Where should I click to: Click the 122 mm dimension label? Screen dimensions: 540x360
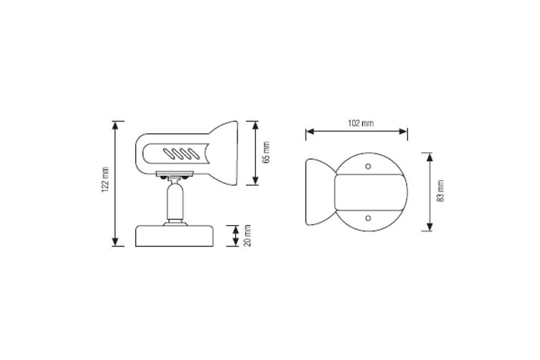105,180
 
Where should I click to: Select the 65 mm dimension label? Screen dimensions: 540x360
266,152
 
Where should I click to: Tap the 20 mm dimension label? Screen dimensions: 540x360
247,236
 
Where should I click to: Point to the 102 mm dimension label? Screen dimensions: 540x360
361,123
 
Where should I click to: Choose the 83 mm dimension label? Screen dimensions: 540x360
441,191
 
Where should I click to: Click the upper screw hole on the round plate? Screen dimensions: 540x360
368,167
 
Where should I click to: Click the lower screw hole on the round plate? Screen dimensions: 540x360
368,218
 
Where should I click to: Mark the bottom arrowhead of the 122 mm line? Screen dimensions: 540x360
116,242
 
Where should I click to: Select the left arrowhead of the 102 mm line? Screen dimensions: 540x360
310,132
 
